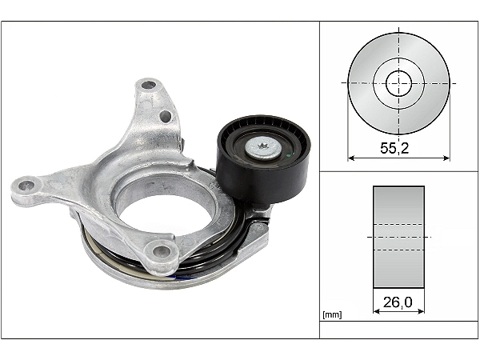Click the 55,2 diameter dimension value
394,148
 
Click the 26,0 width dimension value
398,302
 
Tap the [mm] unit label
332,314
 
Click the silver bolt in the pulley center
263,148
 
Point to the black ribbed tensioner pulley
263,159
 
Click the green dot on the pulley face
289,156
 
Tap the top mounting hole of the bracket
149,85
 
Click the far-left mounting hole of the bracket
26,185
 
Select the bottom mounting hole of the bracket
162,252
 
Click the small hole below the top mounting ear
166,116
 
